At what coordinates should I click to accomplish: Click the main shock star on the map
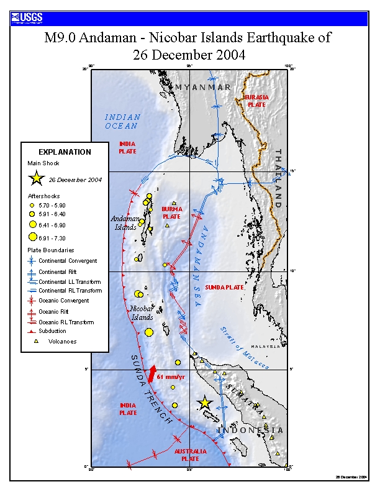click(x=204, y=403)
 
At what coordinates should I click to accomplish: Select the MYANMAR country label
click(x=202, y=87)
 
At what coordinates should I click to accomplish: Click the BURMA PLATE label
click(x=172, y=213)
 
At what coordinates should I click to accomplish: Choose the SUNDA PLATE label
click(x=225, y=288)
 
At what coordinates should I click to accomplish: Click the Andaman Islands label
click(x=124, y=222)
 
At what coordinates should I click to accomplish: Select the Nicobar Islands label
click(x=142, y=313)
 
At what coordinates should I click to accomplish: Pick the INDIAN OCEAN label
click(x=122, y=121)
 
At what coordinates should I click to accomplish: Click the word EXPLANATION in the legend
click(x=65, y=152)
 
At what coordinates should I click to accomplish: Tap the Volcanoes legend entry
click(x=62, y=341)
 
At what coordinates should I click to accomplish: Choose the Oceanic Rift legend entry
click(x=57, y=312)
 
